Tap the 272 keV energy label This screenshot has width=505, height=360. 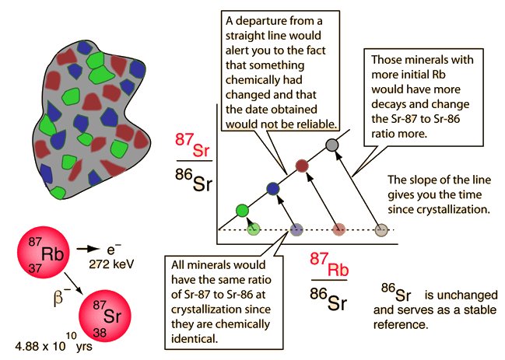click(117, 264)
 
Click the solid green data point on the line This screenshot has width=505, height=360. click(242, 209)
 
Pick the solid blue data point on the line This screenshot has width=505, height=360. click(272, 187)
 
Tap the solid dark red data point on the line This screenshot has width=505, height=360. click(303, 166)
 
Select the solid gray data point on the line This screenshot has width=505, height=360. click(332, 145)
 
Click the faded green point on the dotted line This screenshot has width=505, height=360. click(253, 229)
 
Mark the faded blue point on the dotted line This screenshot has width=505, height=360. click(296, 229)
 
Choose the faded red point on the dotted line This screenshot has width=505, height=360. click(338, 229)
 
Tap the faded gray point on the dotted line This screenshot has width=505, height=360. click(381, 229)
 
